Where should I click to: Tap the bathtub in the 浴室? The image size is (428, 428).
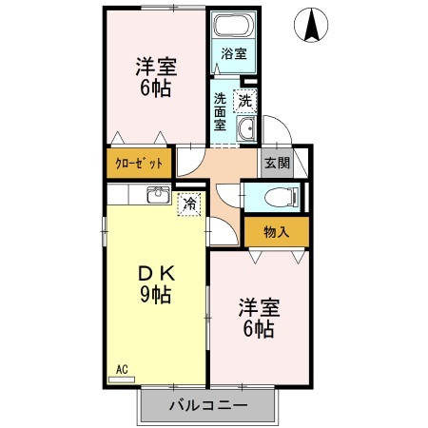coord(233,28)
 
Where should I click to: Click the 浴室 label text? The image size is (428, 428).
coord(233,53)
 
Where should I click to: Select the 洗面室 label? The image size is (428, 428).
coord(220,110)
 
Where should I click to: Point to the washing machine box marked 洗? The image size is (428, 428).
coord(245,100)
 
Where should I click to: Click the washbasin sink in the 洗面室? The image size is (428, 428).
coord(245,130)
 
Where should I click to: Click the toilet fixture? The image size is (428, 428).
coord(282,197)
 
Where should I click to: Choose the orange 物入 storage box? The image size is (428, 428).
coord(276,232)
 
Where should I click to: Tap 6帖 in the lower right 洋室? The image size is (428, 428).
coord(257,329)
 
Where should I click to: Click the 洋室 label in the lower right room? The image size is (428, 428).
coord(257,307)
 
